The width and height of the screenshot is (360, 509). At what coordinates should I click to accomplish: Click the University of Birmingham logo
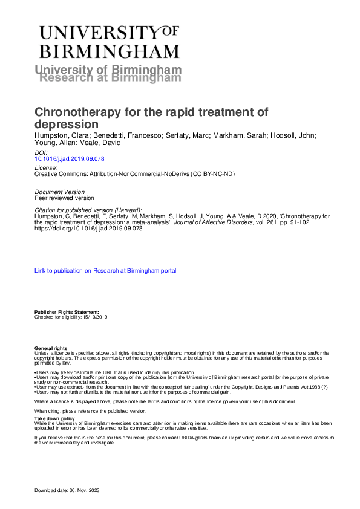click(110, 41)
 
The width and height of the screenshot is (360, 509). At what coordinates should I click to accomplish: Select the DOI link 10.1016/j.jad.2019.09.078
click(70, 160)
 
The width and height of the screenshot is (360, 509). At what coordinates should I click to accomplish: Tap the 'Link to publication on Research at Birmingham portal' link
click(105, 271)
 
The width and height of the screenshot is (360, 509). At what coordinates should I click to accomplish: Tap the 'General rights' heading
click(51, 348)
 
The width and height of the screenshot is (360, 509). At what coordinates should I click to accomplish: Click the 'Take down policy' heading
click(54, 418)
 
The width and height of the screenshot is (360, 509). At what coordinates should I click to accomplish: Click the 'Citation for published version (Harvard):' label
click(88, 209)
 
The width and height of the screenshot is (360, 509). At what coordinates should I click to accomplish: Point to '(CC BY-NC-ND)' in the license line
click(213, 173)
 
